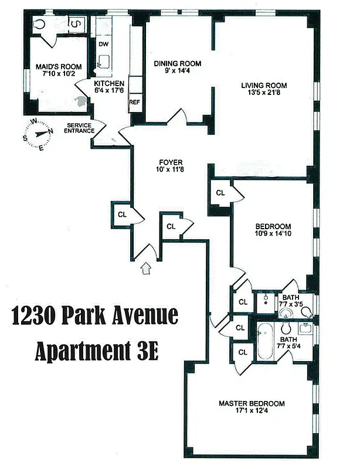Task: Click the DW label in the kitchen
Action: click(x=103, y=45)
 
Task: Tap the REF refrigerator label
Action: click(x=134, y=102)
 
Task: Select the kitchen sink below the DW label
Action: click(x=105, y=61)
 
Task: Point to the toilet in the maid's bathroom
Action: click(x=39, y=23)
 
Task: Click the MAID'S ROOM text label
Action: click(x=59, y=67)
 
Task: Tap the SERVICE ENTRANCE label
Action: click(x=80, y=128)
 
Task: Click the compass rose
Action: click(x=38, y=133)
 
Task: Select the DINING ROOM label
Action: click(x=178, y=63)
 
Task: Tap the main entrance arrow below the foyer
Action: click(x=146, y=269)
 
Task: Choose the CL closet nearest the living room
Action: click(x=220, y=193)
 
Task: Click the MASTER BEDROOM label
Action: click(x=252, y=403)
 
